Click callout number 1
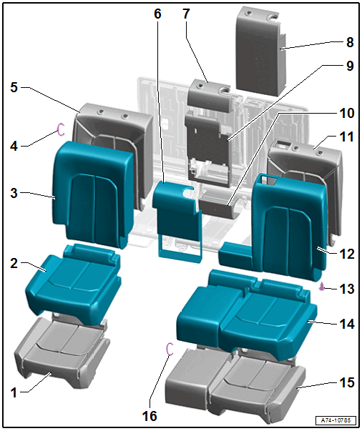point(14,393)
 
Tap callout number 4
point(14,146)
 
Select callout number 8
point(350,42)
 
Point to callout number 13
point(347,289)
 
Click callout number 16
point(150,416)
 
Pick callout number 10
point(347,113)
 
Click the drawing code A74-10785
point(336,420)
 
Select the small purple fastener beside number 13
point(321,287)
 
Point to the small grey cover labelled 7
point(209,96)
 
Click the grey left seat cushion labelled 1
point(62,352)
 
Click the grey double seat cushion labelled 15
point(235,385)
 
